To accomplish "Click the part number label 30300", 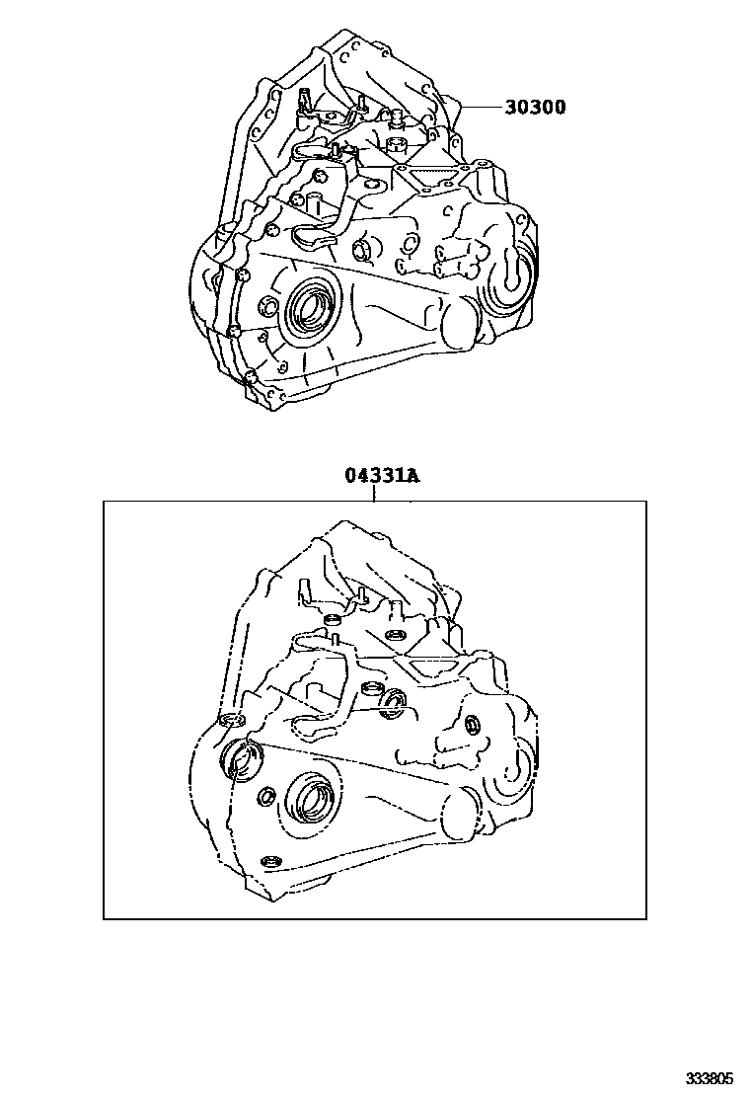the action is point(535,108).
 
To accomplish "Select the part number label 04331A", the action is point(381,476).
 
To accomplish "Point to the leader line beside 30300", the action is point(482,108).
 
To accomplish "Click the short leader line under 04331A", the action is point(375,493).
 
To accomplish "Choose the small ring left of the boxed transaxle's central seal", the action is point(266,796).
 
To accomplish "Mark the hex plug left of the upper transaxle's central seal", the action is point(266,305).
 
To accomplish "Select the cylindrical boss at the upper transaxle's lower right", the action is point(460,324).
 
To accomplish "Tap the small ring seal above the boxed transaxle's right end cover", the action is point(473,724).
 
